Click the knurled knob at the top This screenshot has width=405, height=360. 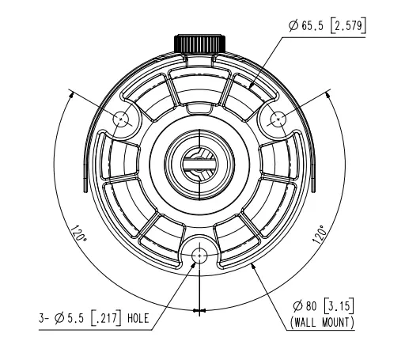pyautogui.click(x=199, y=44)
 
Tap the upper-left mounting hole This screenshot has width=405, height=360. pyautogui.click(x=121, y=119)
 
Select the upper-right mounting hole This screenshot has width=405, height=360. pyautogui.click(x=278, y=119)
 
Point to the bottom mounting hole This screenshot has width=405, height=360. pyautogui.click(x=199, y=256)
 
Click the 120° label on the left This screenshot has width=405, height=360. pyautogui.click(x=78, y=233)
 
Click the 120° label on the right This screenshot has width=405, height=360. pyautogui.click(x=320, y=234)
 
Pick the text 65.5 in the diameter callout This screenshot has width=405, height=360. pyautogui.click(x=312, y=26)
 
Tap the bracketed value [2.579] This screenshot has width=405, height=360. pyautogui.click(x=348, y=25)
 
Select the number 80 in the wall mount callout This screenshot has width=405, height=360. pyautogui.click(x=311, y=306)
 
